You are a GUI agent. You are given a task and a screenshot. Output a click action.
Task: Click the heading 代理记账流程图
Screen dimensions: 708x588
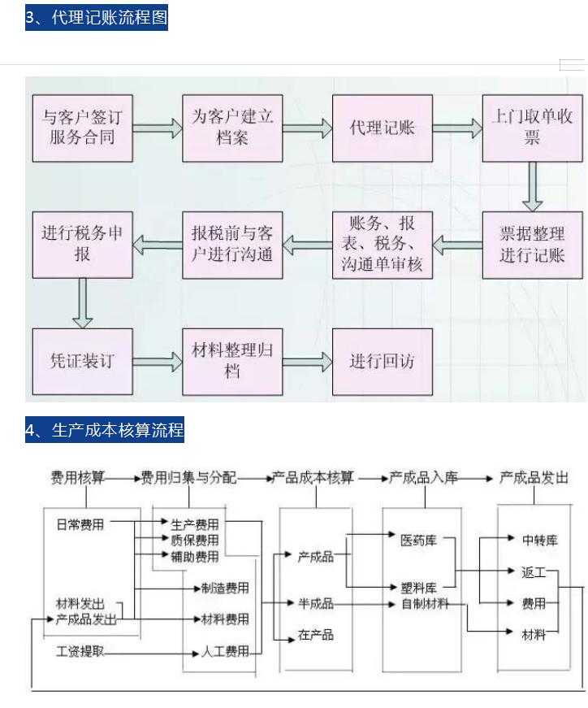point(96,18)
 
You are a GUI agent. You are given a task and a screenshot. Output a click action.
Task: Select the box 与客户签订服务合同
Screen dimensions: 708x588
point(82,128)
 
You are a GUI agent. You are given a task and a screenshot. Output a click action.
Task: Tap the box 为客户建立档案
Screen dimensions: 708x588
point(232,128)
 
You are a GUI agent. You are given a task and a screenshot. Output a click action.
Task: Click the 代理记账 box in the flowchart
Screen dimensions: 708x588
point(382,128)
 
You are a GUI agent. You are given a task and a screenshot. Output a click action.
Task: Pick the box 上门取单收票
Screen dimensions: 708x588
point(532,128)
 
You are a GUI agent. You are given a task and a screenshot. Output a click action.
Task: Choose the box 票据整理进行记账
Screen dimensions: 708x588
point(532,245)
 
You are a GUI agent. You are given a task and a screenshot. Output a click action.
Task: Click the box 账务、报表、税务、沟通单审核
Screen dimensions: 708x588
point(382,245)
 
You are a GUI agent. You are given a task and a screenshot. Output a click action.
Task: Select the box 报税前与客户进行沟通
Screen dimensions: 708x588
point(232,245)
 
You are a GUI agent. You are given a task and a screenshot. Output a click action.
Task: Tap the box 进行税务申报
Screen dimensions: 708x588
point(82,245)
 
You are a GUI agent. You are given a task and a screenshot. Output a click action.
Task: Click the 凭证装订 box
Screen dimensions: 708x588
point(82,361)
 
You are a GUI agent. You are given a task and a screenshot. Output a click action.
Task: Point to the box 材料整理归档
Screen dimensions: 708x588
point(232,361)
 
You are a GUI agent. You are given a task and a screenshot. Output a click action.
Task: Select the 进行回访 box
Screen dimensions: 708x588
point(382,361)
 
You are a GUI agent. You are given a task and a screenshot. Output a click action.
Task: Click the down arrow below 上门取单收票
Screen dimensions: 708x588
point(532,186)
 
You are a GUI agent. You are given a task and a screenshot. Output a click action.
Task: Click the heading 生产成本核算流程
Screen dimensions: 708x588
point(105,430)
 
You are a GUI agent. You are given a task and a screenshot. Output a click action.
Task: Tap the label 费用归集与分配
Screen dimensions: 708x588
point(188,478)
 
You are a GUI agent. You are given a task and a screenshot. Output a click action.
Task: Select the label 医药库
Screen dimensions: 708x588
point(418,540)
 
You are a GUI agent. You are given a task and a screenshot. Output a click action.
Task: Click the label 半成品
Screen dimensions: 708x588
point(316,604)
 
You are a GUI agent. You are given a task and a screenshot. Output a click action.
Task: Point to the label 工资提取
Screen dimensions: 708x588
point(80,652)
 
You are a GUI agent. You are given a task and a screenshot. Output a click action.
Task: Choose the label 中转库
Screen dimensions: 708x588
point(540,540)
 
